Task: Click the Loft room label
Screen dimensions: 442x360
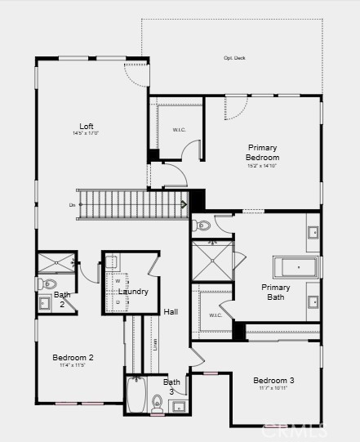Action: pyautogui.click(x=86, y=126)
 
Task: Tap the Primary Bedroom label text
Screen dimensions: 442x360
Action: pyautogui.click(x=263, y=152)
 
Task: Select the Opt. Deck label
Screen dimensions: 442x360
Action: pyautogui.click(x=235, y=58)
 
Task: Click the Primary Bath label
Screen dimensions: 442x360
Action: pyautogui.click(x=276, y=292)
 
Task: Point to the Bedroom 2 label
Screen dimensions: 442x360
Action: pyautogui.click(x=73, y=357)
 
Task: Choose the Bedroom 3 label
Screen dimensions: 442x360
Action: pyautogui.click(x=273, y=380)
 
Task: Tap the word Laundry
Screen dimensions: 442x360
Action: pyautogui.click(x=133, y=292)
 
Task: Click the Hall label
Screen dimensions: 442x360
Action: pyautogui.click(x=171, y=311)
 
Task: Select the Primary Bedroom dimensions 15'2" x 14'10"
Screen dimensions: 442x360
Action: pyautogui.click(x=263, y=166)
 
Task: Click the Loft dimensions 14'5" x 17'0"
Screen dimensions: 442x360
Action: pyautogui.click(x=86, y=133)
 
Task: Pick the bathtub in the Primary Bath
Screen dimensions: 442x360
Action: pyautogui.click(x=296, y=267)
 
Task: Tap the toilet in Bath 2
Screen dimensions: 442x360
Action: pyautogui.click(x=44, y=284)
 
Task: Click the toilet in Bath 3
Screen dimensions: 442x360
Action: pyautogui.click(x=158, y=402)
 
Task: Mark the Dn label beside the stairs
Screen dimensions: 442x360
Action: pyautogui.click(x=72, y=204)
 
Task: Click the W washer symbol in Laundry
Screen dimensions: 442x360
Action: pyautogui.click(x=118, y=281)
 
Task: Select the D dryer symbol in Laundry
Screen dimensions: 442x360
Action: pyautogui.click(x=118, y=301)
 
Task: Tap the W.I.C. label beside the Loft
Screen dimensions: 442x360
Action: pyautogui.click(x=180, y=130)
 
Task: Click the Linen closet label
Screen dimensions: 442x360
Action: pyautogui.click(x=154, y=344)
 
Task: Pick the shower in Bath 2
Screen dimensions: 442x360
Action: pyautogui.click(x=56, y=263)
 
